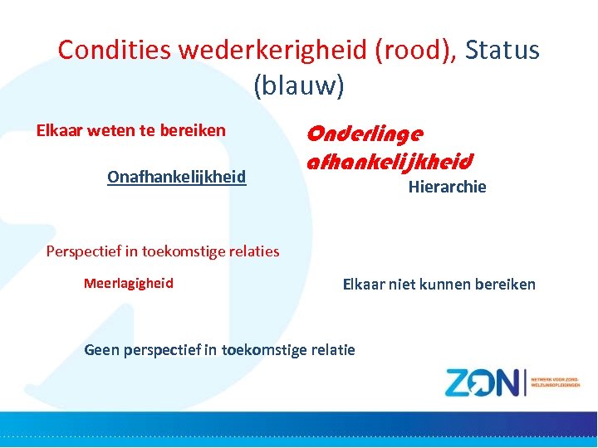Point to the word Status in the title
point(502,51)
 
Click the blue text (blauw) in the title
point(298,85)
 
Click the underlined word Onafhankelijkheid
point(176,177)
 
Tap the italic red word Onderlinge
point(365,133)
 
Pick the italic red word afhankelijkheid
point(390,160)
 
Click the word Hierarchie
point(447,187)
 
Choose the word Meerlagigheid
point(129,284)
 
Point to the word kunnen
point(442,285)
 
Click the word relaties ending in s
point(252,251)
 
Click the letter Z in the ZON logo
point(460,382)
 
